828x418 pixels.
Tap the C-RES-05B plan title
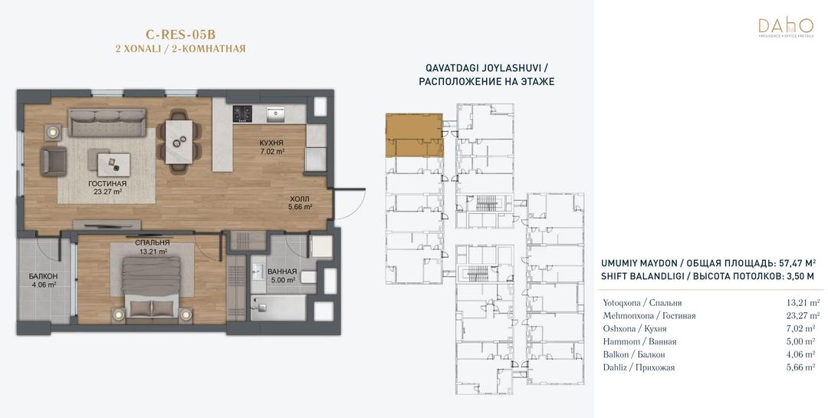point(181,35)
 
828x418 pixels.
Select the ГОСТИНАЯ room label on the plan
point(108,184)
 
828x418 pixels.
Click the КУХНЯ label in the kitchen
point(271,143)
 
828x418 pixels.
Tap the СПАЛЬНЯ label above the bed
point(152,242)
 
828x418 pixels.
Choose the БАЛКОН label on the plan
point(43,276)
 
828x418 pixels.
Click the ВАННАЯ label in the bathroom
point(282,272)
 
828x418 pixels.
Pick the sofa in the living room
point(107,123)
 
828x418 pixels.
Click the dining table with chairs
point(179,140)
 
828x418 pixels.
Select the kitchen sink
point(276,114)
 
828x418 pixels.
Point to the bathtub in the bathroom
point(278,308)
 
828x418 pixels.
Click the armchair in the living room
point(54,162)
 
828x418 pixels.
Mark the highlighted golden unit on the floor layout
point(414,135)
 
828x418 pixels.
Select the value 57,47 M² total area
point(797,262)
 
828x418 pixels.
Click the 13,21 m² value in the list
point(803,303)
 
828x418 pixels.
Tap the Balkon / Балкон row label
point(634,354)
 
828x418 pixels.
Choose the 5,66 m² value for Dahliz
point(803,367)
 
